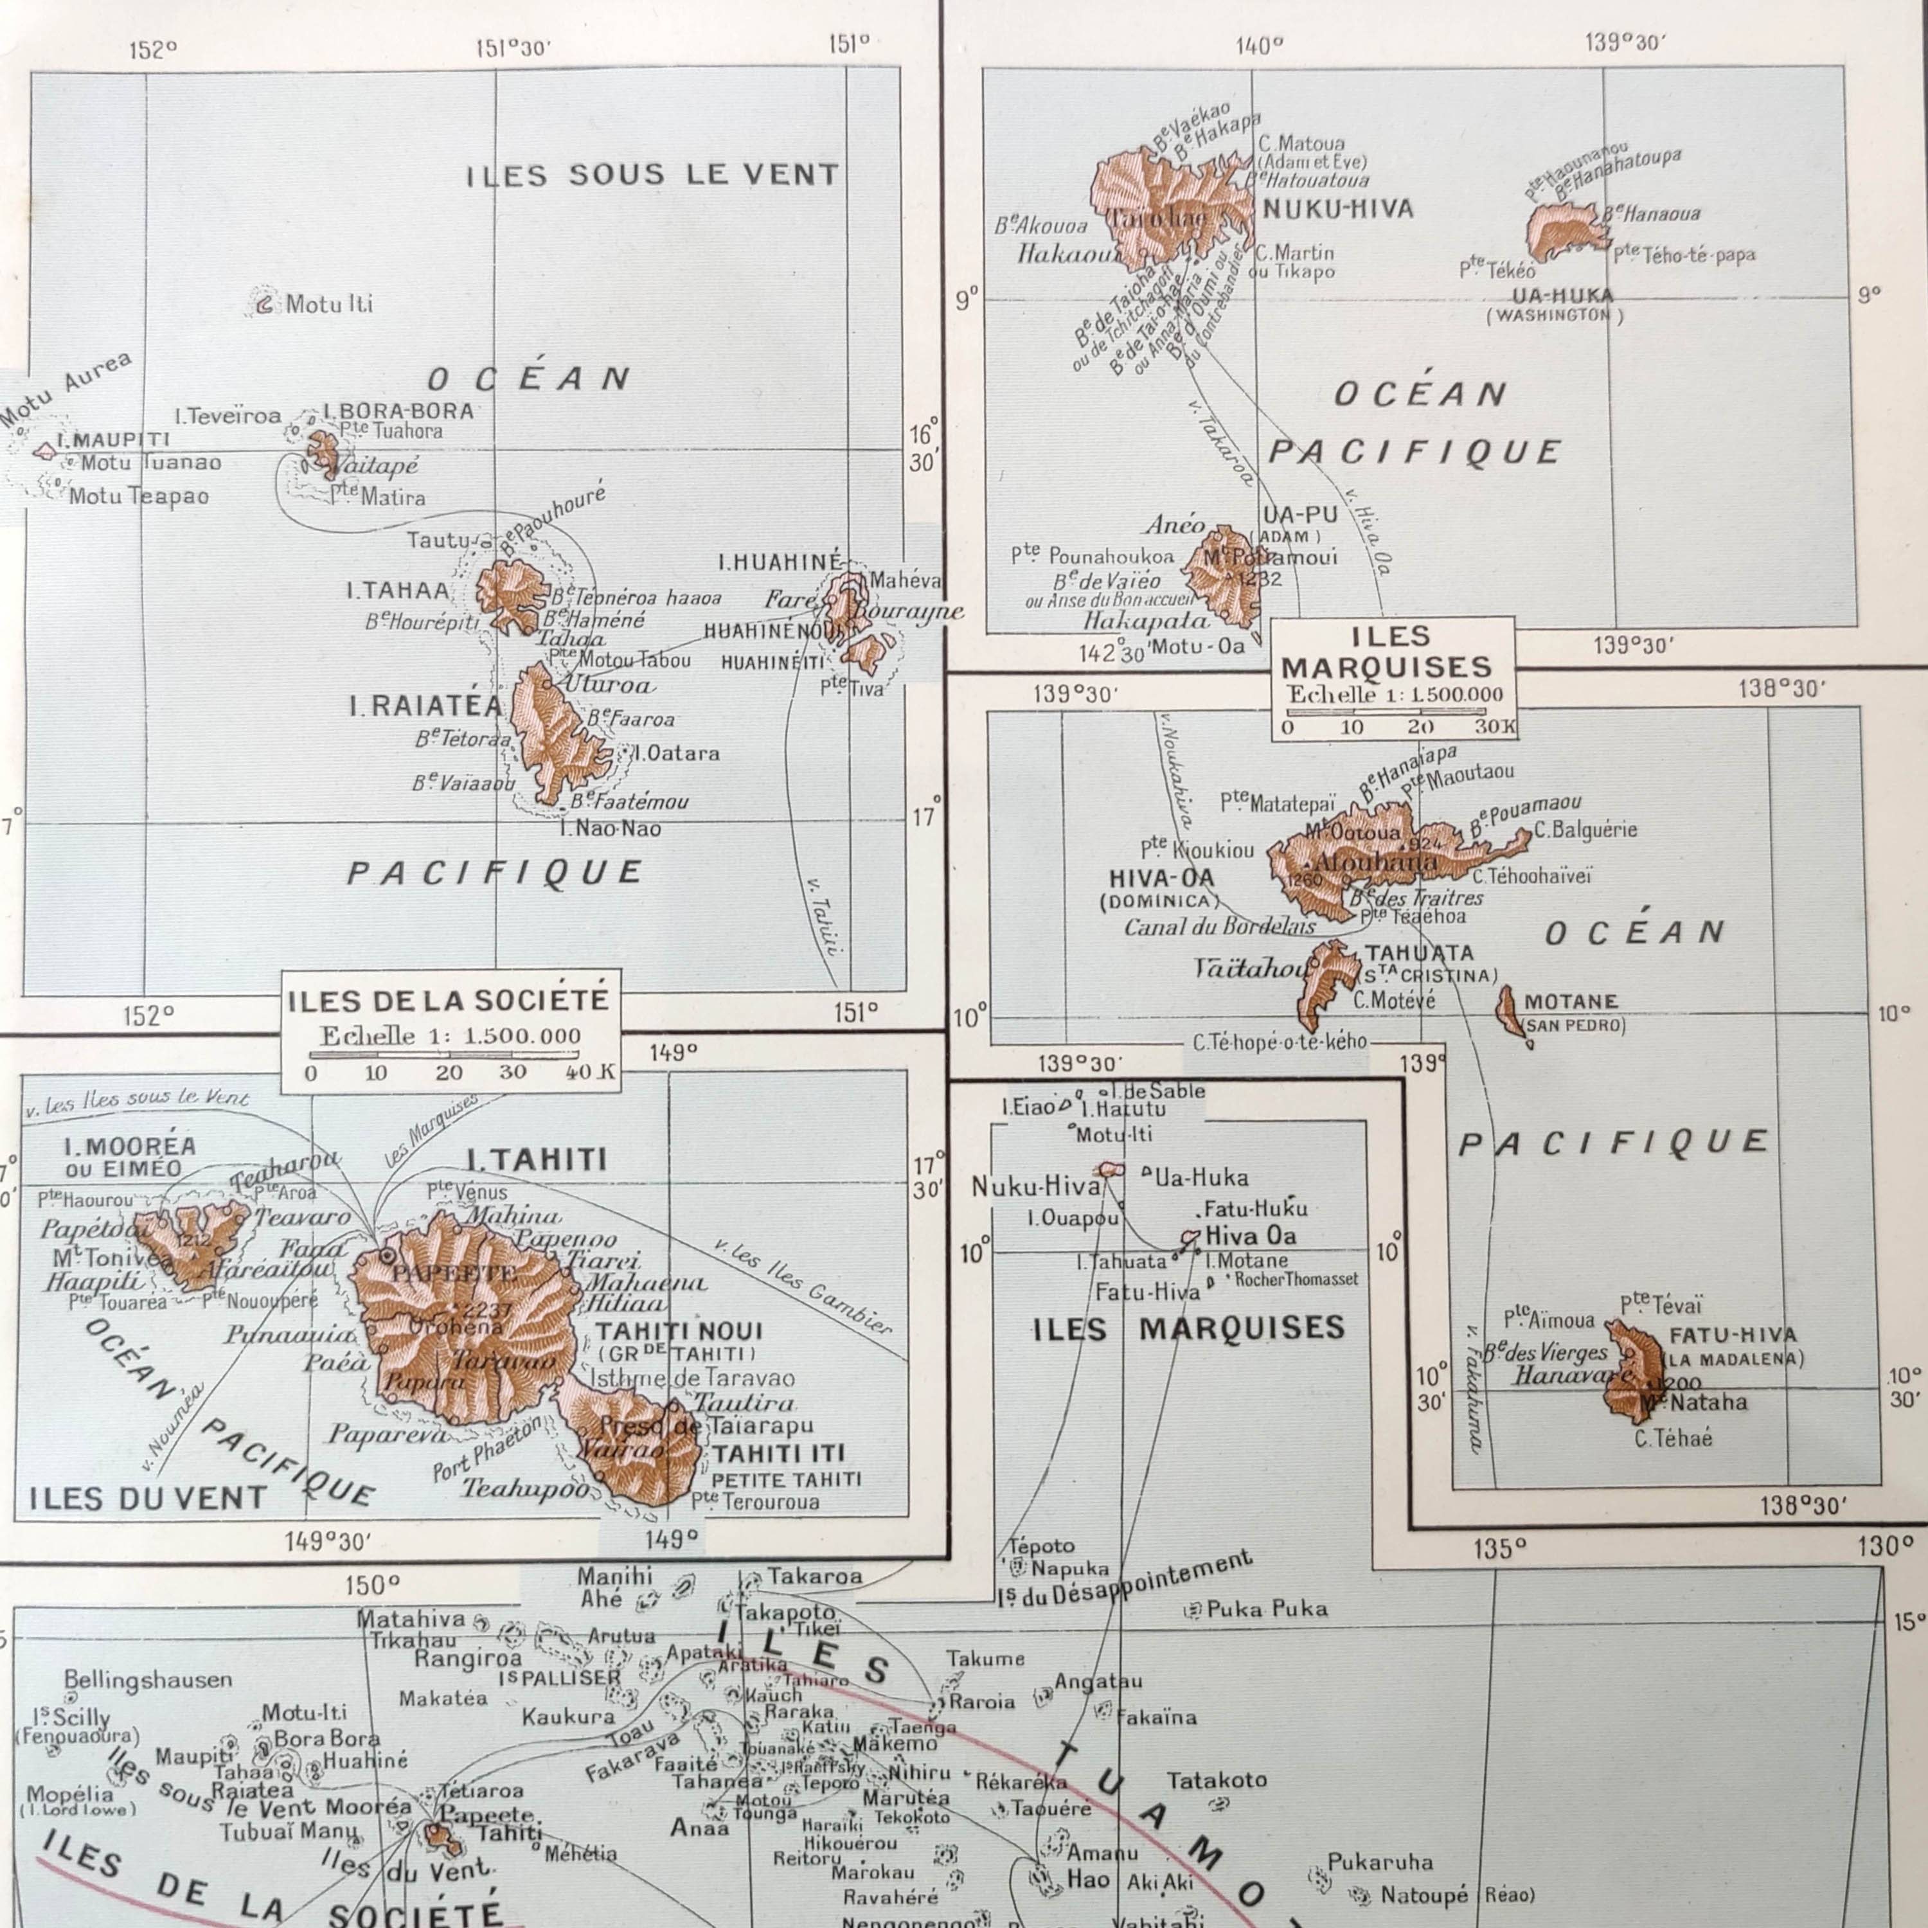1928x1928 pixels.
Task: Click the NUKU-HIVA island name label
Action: pos(1337,210)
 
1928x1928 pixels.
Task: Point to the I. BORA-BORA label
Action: pos(398,410)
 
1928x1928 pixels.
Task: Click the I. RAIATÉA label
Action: pos(425,706)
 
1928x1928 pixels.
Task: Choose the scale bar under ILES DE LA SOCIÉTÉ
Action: pos(444,1054)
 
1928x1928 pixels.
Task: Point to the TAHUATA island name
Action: pos(1419,953)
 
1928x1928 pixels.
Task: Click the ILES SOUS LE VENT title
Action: pos(654,175)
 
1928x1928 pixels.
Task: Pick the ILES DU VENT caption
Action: pos(148,1498)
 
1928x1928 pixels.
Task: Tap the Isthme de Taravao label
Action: pos(693,1378)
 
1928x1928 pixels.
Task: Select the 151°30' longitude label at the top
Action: pos(513,48)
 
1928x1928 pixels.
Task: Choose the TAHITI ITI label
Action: pos(778,1453)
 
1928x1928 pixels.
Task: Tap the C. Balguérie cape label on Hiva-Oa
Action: pos(1585,829)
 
